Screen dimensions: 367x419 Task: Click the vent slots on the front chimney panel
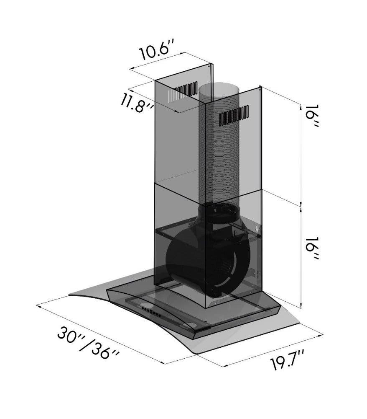pyautogui.click(x=234, y=116)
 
